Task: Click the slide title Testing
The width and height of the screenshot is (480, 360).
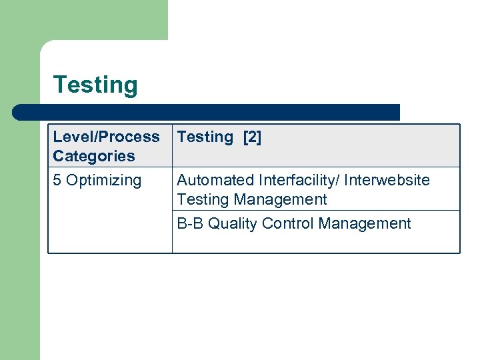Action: tap(95, 85)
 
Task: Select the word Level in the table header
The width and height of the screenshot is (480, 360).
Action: tap(70, 137)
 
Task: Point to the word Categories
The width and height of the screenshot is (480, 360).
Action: tap(94, 156)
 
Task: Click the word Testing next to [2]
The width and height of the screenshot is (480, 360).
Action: tap(205, 137)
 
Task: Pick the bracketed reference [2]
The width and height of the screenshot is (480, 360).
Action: tap(252, 137)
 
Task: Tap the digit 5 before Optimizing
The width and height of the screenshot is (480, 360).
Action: tap(57, 180)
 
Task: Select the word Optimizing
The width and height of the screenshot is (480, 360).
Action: tap(104, 181)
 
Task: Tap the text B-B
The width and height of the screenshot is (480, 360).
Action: tap(190, 223)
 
